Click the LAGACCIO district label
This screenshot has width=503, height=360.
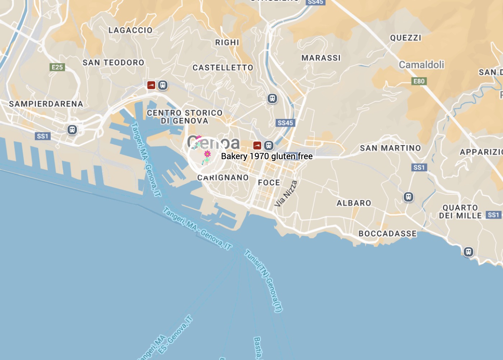(x=130, y=30)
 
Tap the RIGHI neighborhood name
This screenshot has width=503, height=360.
(x=227, y=42)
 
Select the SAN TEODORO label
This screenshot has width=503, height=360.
(x=113, y=63)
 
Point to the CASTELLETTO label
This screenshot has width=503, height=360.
(x=223, y=68)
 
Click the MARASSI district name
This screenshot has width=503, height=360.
(x=321, y=58)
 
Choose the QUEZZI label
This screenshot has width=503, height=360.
(x=406, y=38)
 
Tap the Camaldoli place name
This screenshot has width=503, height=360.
(x=421, y=65)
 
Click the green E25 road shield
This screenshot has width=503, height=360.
(x=57, y=67)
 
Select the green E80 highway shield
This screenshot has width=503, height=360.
(x=419, y=81)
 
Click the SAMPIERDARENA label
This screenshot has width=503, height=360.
(x=46, y=104)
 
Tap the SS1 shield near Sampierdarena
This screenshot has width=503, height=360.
(x=42, y=136)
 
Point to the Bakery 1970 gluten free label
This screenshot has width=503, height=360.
(x=267, y=156)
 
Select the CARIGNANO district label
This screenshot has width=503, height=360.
(x=223, y=177)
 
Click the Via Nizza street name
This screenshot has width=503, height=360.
(x=286, y=194)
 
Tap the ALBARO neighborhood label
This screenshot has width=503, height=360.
(x=354, y=203)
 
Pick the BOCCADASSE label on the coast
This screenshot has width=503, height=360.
(x=388, y=234)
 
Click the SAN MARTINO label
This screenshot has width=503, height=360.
(x=390, y=148)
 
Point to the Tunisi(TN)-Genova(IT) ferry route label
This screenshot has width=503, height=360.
(x=264, y=280)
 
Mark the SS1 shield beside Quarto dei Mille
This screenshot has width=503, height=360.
(x=493, y=215)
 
